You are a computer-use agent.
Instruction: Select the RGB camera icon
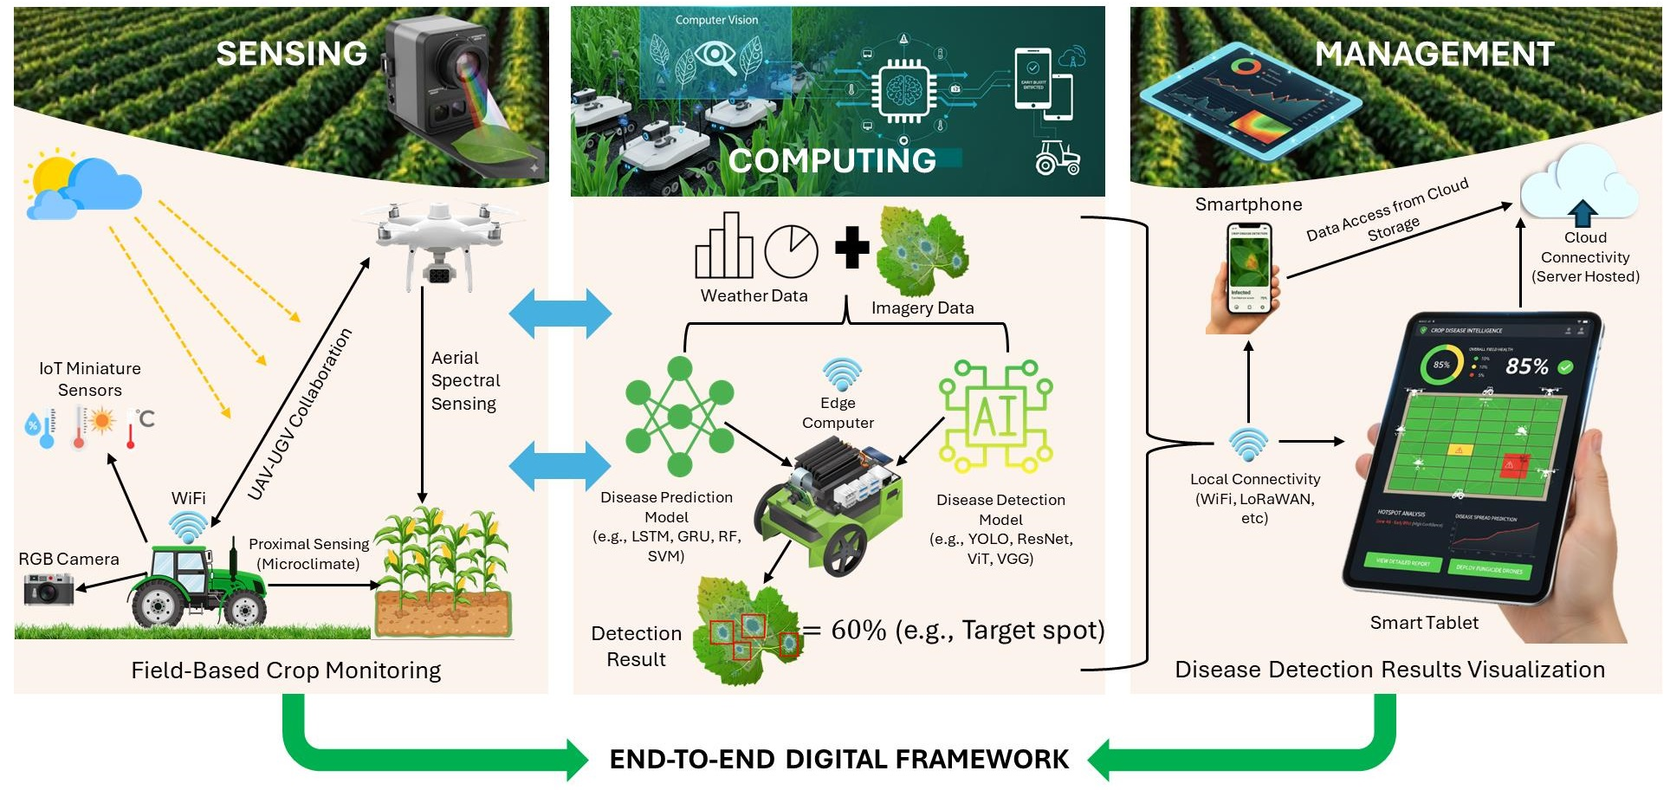pyautogui.click(x=49, y=589)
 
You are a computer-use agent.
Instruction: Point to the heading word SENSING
pyautogui.click(x=291, y=54)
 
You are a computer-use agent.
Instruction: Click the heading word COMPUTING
pyautogui.click(x=832, y=160)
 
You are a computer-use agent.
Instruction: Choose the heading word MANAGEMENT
pyautogui.click(x=1434, y=55)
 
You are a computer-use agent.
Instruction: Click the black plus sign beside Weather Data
pyautogui.click(x=851, y=248)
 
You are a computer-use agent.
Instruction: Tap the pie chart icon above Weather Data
pyautogui.click(x=791, y=251)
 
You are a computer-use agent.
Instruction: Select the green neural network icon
pyautogui.click(x=680, y=417)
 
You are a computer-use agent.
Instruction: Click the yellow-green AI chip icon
pyautogui.click(x=996, y=416)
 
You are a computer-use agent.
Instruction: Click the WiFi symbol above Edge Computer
pyautogui.click(x=840, y=374)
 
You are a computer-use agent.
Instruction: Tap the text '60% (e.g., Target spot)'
pyautogui.click(x=967, y=630)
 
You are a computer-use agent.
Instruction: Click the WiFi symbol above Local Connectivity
pyautogui.click(x=1248, y=444)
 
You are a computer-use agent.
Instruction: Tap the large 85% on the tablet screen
pyautogui.click(x=1526, y=366)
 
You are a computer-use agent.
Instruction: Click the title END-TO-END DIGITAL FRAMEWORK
pyautogui.click(x=838, y=760)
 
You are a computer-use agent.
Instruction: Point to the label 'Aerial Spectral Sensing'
pyautogui.click(x=464, y=381)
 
